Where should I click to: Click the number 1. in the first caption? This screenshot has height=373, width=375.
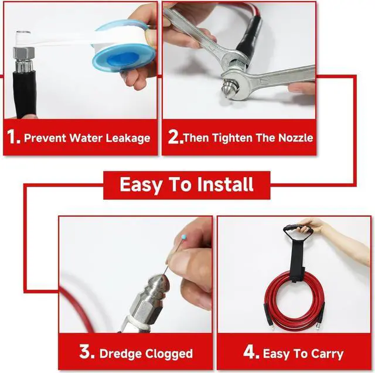tap(15, 138)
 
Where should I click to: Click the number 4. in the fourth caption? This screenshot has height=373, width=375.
tap(251, 353)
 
